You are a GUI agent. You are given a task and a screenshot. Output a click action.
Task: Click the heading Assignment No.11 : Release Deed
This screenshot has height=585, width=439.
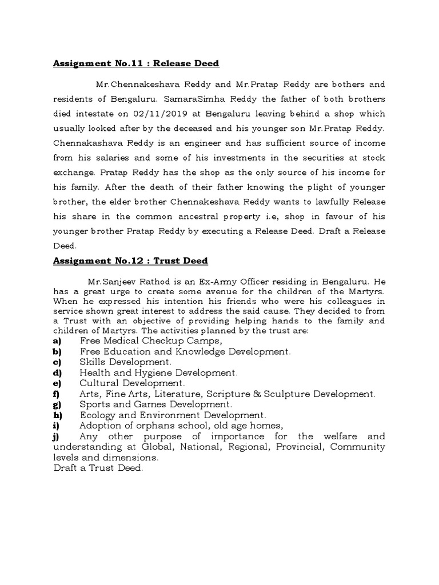tap(136, 63)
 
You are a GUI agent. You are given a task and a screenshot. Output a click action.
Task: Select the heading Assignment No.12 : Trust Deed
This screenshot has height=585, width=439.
tap(130, 261)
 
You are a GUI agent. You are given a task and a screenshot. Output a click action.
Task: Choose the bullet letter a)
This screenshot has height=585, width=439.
tap(57, 341)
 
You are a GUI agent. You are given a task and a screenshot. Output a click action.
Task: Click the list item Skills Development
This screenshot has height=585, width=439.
tap(125, 362)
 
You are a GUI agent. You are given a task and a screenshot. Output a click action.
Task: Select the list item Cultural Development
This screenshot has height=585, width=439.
tap(132, 383)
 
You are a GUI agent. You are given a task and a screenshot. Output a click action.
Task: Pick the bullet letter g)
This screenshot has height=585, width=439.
tap(57, 404)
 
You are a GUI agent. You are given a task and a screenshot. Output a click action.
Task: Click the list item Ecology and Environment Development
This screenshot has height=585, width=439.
tap(173, 415)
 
